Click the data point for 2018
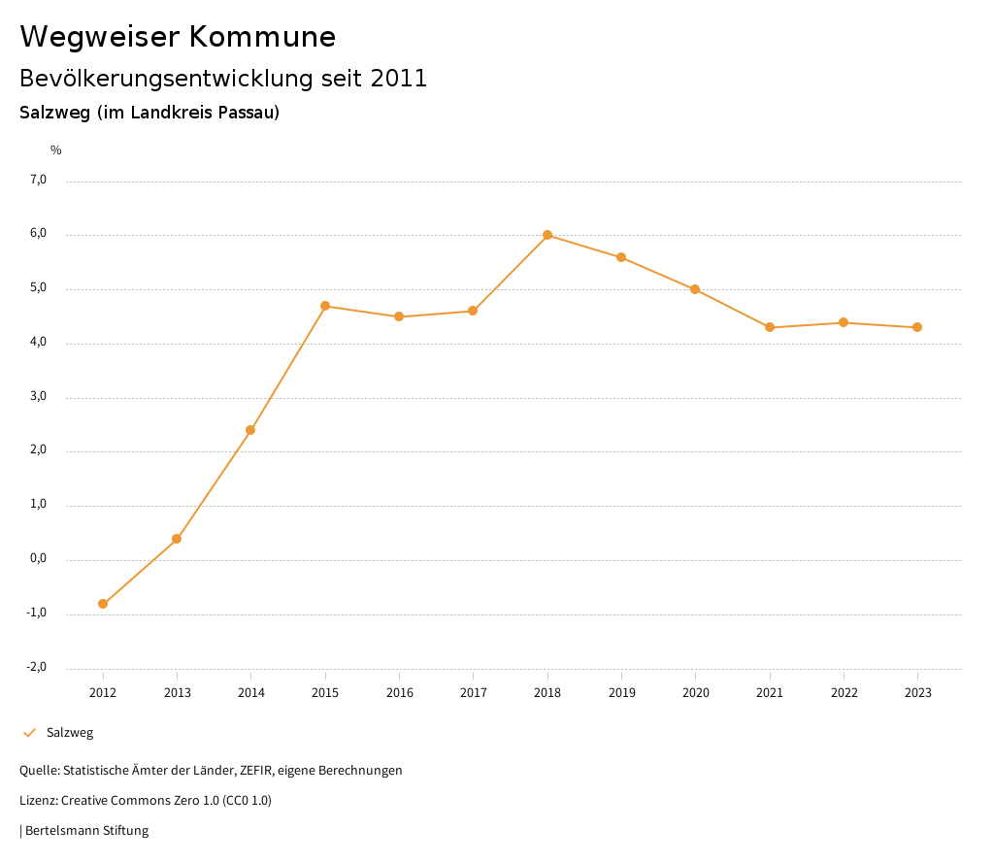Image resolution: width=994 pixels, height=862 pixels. [547, 235]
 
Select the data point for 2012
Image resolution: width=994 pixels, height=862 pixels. [103, 604]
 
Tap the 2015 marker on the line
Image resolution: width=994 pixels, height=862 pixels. [325, 306]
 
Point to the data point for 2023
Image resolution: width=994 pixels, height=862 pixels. [917, 327]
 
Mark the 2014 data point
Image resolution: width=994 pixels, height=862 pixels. [250, 430]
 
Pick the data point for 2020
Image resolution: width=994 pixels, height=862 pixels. [695, 289]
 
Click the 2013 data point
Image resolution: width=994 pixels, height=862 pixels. [177, 539]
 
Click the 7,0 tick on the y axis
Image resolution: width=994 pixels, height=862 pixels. [38, 180]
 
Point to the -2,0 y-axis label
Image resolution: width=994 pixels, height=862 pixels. [37, 667]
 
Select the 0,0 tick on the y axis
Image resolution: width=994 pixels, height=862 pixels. [38, 559]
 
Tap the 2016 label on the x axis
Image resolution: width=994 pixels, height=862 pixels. [399, 693]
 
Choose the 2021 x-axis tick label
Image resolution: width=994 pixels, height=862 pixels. [770, 693]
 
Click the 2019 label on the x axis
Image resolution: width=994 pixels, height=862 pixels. [621, 693]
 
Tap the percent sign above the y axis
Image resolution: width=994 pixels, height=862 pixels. [56, 150]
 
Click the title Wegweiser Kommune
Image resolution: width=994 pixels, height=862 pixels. [178, 37]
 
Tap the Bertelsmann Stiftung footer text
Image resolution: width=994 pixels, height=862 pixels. [86, 831]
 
